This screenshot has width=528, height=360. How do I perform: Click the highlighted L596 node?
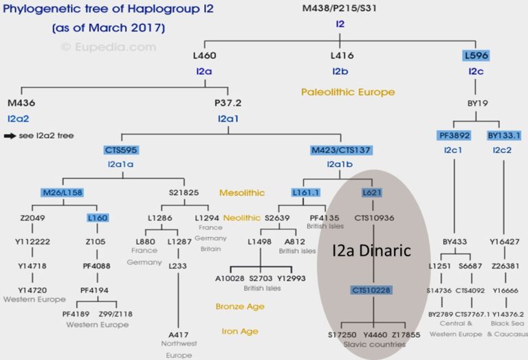coord(476,56)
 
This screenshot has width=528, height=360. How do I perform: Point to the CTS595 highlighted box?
coord(122,149)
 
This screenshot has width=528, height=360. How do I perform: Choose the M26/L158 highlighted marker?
coord(61,193)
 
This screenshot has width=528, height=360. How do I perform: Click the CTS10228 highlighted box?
coord(372,290)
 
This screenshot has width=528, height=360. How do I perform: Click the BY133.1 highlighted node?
coord(504,135)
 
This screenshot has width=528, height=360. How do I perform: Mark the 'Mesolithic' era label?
coord(241,193)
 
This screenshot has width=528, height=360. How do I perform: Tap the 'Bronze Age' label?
coord(241,306)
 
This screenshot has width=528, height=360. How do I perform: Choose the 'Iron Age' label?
coord(240,331)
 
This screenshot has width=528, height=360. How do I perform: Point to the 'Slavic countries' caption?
coord(373,344)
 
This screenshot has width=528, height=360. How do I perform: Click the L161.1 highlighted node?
coord(306,193)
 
